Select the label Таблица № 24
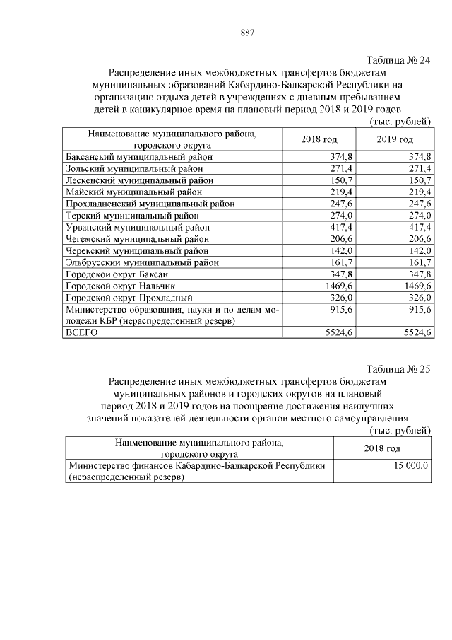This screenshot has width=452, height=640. coord(398,59)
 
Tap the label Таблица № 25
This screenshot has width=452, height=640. coord(398,369)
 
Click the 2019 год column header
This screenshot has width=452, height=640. coord(395,139)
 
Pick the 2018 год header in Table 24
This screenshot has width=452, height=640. coord(319,139)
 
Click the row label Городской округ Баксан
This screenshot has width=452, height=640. coord(116,274)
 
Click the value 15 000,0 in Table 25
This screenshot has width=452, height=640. coord(409,466)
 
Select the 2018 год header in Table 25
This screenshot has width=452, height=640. coord(382,448)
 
